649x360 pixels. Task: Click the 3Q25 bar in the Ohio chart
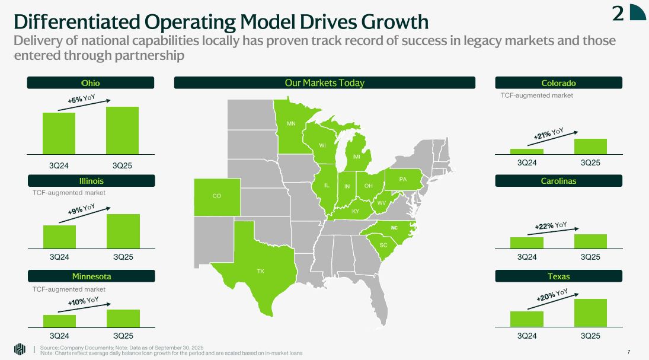pyautogui.click(x=122, y=130)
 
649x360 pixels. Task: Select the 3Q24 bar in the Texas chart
pyautogui.click(x=526, y=318)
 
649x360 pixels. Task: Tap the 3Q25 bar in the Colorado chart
pyautogui.click(x=590, y=146)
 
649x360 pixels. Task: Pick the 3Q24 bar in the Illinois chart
pyautogui.click(x=59, y=237)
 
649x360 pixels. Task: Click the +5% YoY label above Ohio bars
pyautogui.click(x=85, y=100)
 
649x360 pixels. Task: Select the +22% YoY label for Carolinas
pyautogui.click(x=551, y=225)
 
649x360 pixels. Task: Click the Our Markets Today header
pyautogui.click(x=324, y=83)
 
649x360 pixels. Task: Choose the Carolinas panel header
pyautogui.click(x=558, y=181)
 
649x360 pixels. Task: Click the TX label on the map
pyautogui.click(x=260, y=271)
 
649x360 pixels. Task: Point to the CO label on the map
pyautogui.click(x=216, y=196)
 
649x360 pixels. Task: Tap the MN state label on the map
pyautogui.click(x=291, y=124)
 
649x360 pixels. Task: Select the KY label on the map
pyautogui.click(x=356, y=211)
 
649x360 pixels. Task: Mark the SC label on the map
pyautogui.click(x=383, y=245)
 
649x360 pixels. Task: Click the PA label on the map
pyautogui.click(x=402, y=179)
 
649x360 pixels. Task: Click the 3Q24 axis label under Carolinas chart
pyautogui.click(x=526, y=257)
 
